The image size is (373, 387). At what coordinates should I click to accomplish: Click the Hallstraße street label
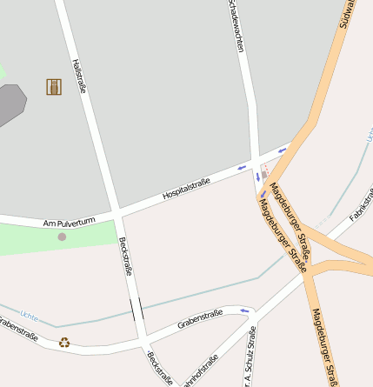click(80, 76)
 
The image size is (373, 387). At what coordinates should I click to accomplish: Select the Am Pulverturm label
click(69, 223)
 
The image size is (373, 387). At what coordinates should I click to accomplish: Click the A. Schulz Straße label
click(250, 357)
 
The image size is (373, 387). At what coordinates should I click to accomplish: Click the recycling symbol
click(64, 343)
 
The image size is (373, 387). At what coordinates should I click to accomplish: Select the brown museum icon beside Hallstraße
click(54, 86)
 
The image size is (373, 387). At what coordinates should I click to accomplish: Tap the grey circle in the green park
click(62, 237)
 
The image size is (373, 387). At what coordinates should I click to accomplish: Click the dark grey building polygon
click(10, 104)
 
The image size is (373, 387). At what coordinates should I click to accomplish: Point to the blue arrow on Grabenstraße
click(244, 310)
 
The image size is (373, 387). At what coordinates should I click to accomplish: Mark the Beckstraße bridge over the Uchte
click(137, 309)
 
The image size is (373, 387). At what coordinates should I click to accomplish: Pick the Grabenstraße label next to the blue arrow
click(200, 318)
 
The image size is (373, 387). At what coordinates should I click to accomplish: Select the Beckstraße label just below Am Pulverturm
click(126, 256)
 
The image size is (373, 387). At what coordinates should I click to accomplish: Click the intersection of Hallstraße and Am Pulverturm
click(115, 212)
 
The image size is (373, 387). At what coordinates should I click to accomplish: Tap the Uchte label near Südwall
click(369, 135)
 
